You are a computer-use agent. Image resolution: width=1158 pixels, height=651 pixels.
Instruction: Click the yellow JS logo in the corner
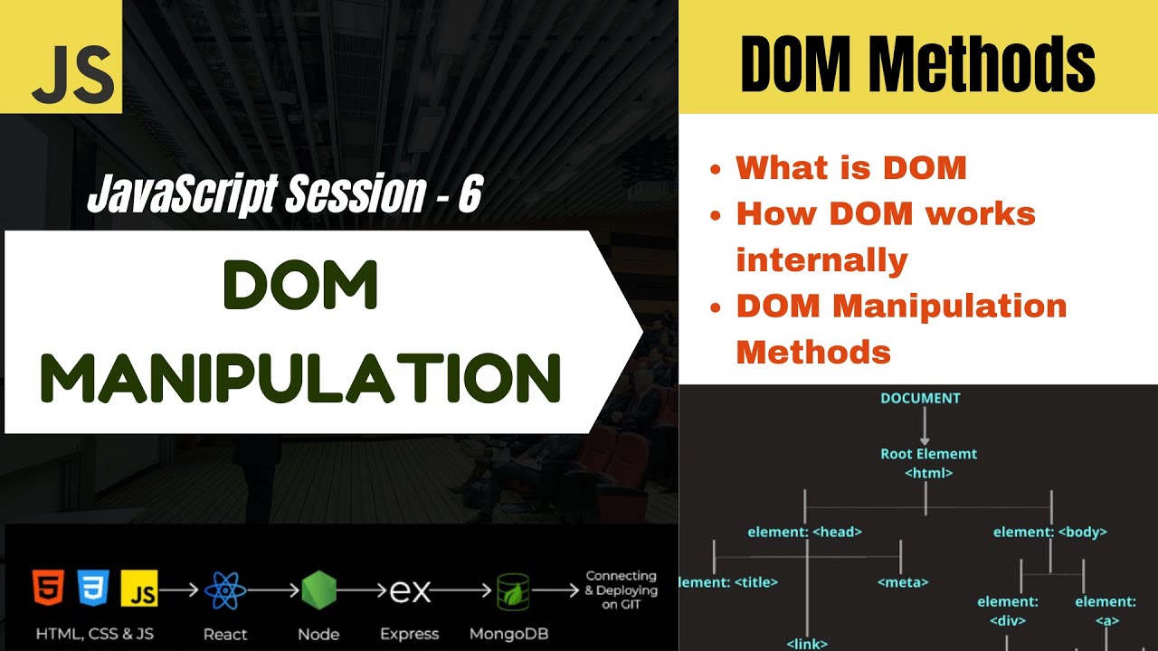coord(61,56)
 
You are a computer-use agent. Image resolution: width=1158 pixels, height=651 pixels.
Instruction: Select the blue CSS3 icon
coord(93,589)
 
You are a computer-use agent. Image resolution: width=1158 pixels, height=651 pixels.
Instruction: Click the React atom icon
coord(224,591)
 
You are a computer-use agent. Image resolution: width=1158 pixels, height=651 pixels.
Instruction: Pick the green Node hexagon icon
coord(318,590)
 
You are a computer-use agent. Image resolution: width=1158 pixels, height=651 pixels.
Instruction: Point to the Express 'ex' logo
coord(409,591)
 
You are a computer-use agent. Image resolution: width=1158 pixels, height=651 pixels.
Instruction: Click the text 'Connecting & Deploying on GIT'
coord(622,590)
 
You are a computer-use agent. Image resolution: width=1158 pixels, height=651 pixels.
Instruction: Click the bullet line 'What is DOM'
coord(851,167)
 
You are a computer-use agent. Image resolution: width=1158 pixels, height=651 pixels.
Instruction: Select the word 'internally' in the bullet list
coord(821,260)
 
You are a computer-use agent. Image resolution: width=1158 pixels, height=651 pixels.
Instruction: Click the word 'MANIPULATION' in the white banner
coord(301,379)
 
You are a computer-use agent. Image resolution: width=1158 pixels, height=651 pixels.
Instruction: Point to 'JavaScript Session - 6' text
coord(284,194)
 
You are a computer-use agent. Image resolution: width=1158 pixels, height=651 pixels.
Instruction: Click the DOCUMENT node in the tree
coord(920,398)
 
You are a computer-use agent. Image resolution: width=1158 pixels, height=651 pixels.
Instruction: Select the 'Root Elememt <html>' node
coord(928,463)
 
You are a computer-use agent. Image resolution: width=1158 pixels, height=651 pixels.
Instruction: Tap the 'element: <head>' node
coord(804,532)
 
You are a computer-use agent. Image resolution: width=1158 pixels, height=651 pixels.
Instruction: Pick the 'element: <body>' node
coord(1049,532)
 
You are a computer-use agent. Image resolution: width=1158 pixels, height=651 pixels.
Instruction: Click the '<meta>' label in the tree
coord(902,582)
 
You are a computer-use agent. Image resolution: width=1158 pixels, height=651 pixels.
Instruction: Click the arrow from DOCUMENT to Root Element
coord(925,426)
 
